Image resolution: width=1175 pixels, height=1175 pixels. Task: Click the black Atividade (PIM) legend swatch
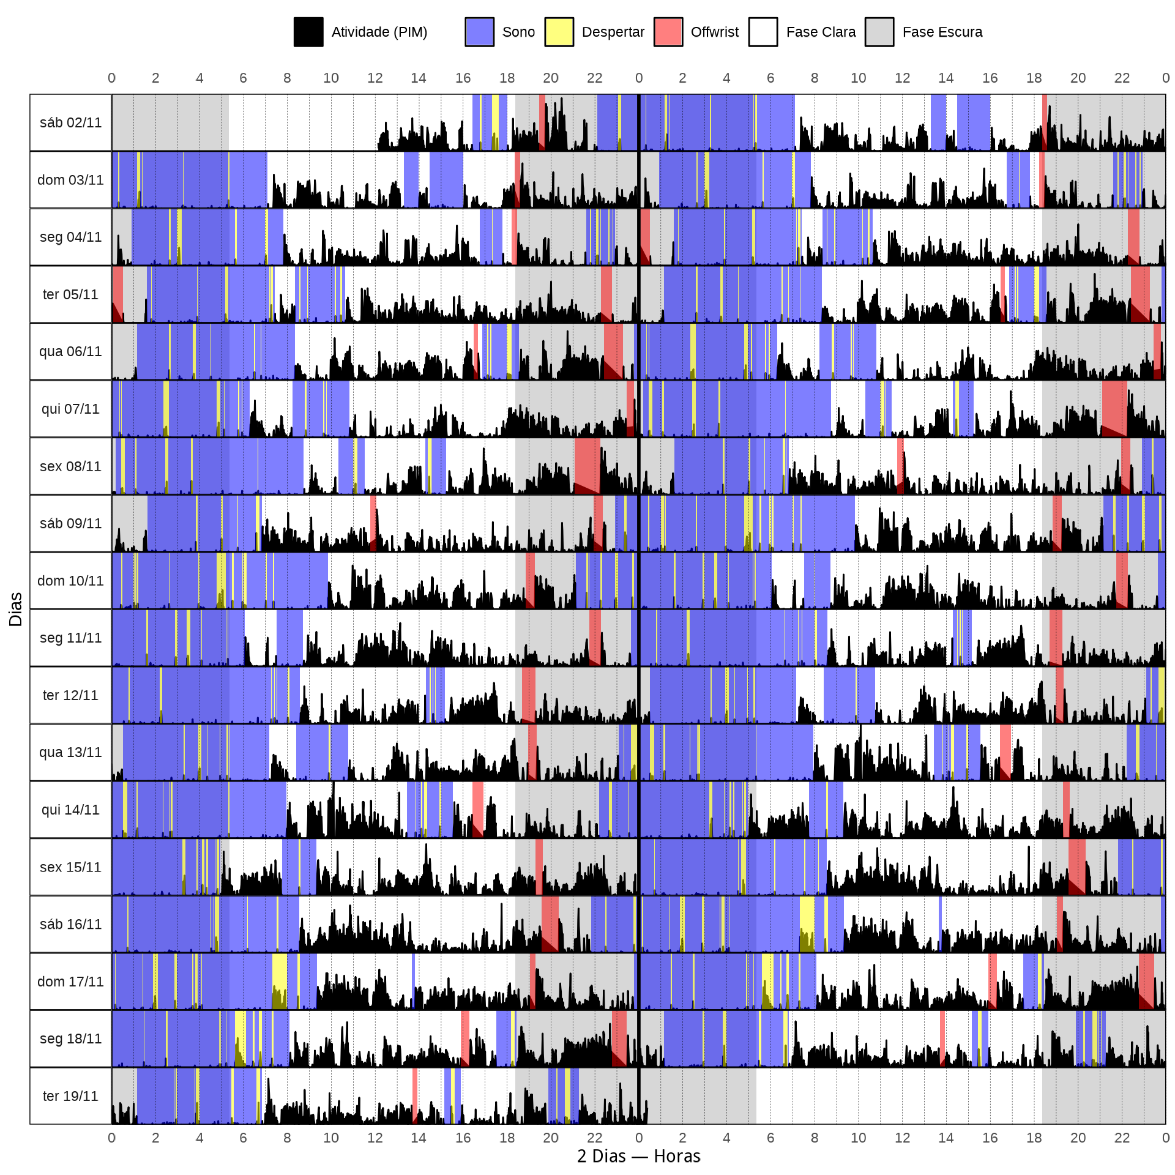308,32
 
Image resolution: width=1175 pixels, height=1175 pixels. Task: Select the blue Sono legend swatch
479,32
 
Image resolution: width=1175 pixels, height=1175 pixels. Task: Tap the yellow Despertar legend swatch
559,32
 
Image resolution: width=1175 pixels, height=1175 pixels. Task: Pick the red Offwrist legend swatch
668,32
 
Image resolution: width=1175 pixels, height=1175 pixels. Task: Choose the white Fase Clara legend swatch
763,32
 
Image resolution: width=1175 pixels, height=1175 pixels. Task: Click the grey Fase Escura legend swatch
879,32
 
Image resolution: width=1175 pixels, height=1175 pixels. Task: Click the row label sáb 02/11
70,122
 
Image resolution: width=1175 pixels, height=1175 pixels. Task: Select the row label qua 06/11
70,351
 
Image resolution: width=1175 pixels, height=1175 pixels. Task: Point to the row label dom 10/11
70,580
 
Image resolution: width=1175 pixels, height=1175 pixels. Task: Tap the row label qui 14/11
70,810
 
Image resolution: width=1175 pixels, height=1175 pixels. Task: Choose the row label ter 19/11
70,1096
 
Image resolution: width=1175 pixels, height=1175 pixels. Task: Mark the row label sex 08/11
70,466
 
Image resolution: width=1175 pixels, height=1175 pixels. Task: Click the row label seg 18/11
70,1039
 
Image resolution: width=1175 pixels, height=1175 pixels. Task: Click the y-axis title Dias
16,609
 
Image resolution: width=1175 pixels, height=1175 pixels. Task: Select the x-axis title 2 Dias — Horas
638,1156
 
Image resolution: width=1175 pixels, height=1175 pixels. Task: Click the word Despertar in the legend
613,32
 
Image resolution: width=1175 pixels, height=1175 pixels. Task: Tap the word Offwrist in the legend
714,32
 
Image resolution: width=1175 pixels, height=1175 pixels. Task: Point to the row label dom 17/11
70,982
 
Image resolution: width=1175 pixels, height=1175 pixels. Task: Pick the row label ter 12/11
70,695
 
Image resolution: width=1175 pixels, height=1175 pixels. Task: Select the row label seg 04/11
70,237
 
